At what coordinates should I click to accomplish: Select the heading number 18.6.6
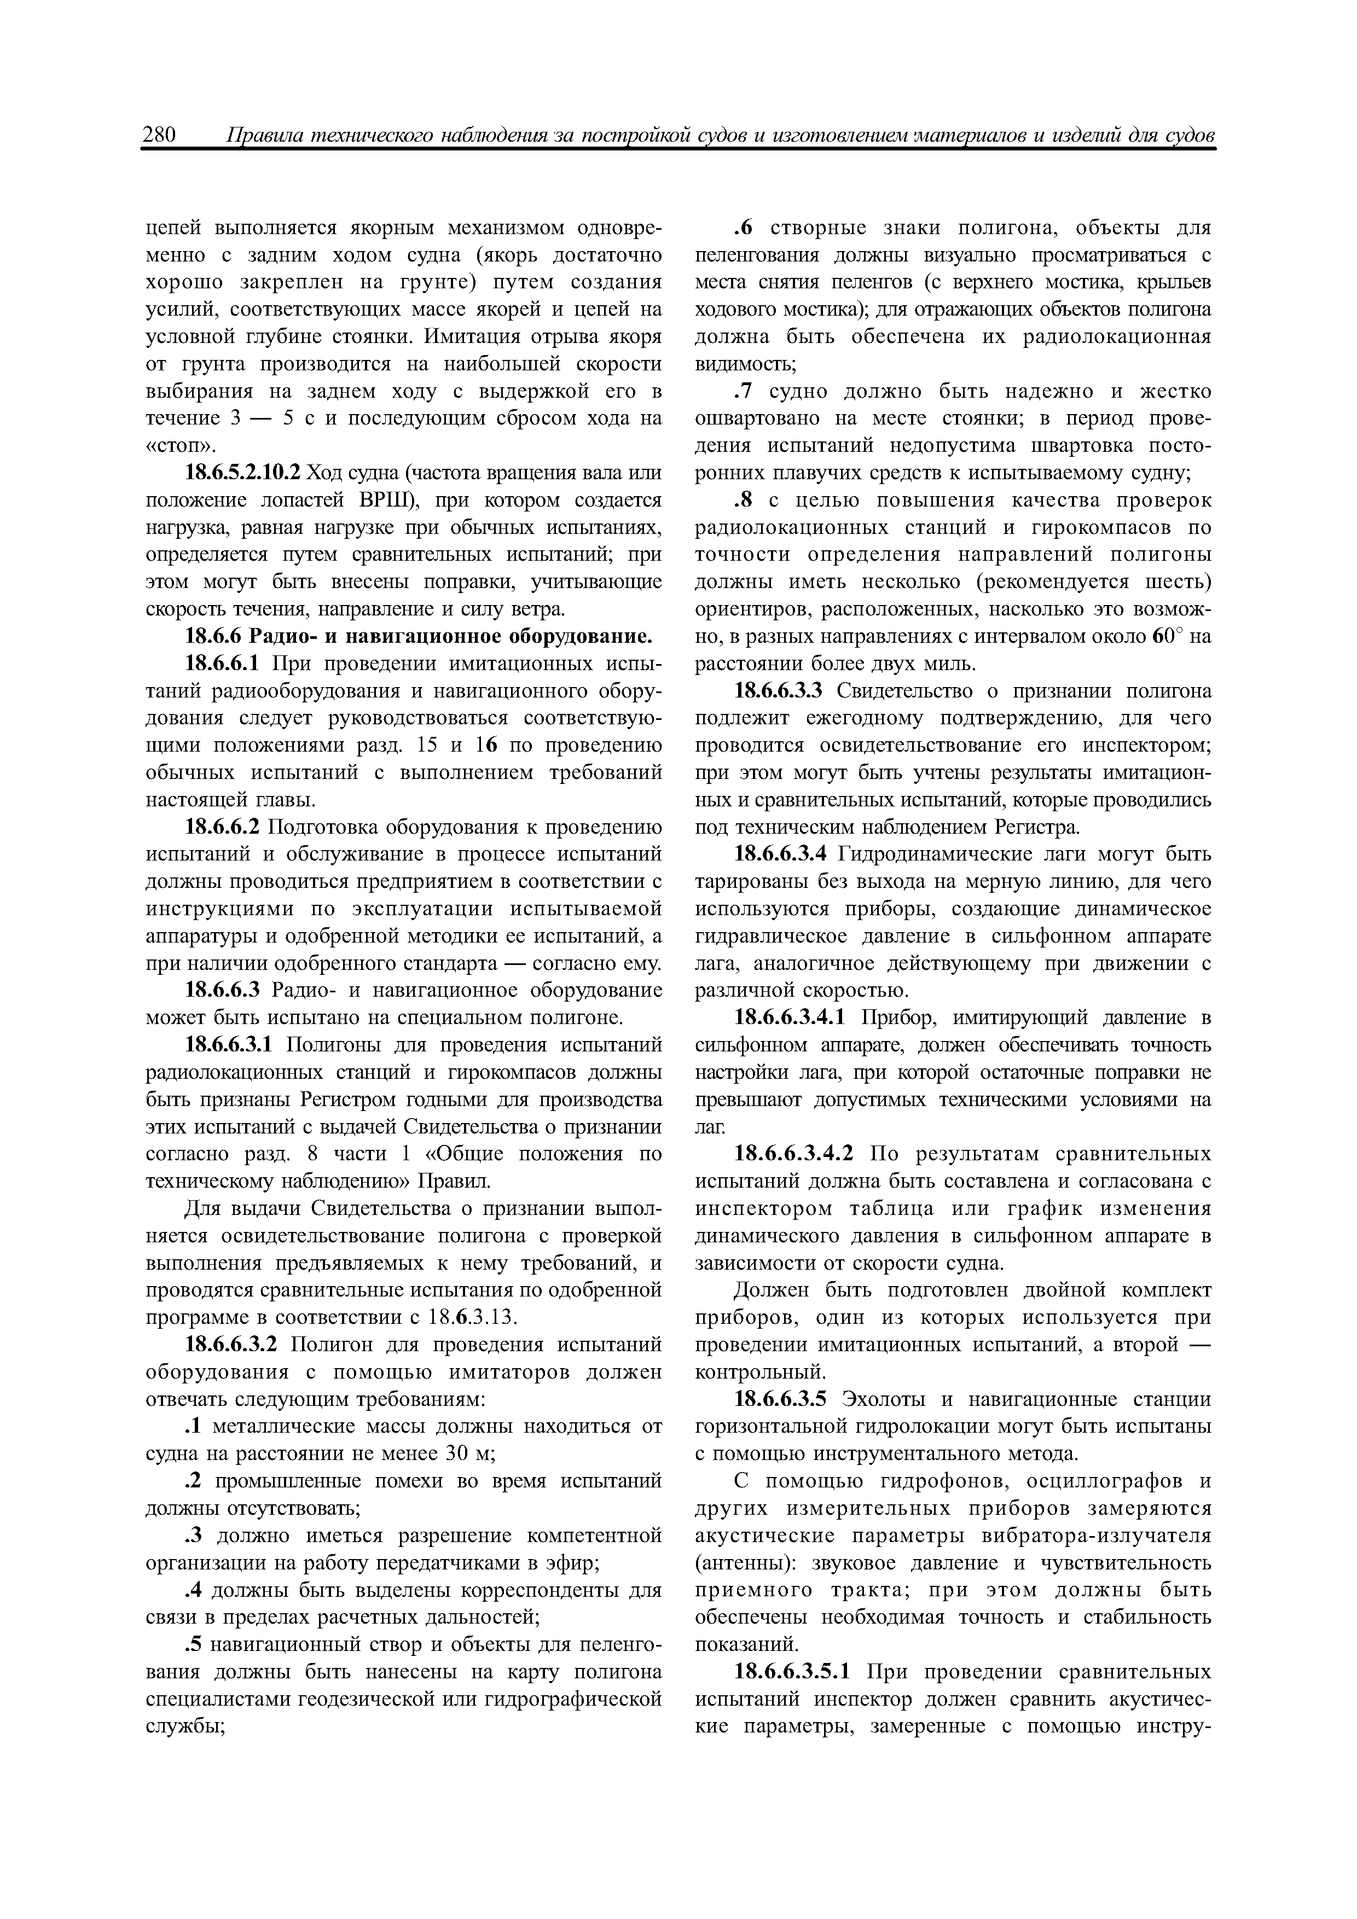pos(215,637)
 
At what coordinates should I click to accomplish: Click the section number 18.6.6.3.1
pos(231,1045)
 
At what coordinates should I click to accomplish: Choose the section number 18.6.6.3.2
pos(231,1345)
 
